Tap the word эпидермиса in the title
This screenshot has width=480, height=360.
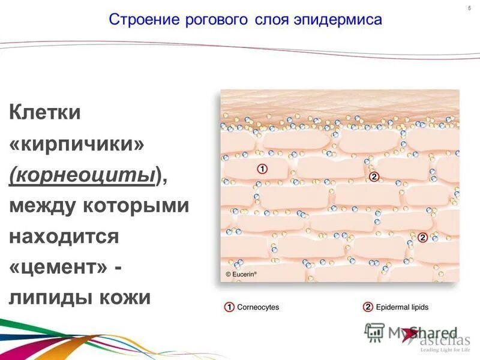click(337, 20)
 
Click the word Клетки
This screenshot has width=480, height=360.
click(45, 112)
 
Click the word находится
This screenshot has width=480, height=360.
click(65, 236)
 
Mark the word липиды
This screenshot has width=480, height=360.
click(49, 298)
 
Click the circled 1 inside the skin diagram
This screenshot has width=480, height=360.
click(262, 169)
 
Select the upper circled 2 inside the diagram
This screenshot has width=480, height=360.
click(374, 176)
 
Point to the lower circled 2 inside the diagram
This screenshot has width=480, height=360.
click(422, 238)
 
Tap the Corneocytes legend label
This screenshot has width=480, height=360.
click(258, 307)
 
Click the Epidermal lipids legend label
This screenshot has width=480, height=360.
click(402, 307)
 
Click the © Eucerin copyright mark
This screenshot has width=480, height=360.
click(241, 274)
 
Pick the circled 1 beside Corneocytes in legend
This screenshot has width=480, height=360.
click(229, 307)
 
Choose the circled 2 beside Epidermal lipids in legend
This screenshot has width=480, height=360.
click(368, 307)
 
